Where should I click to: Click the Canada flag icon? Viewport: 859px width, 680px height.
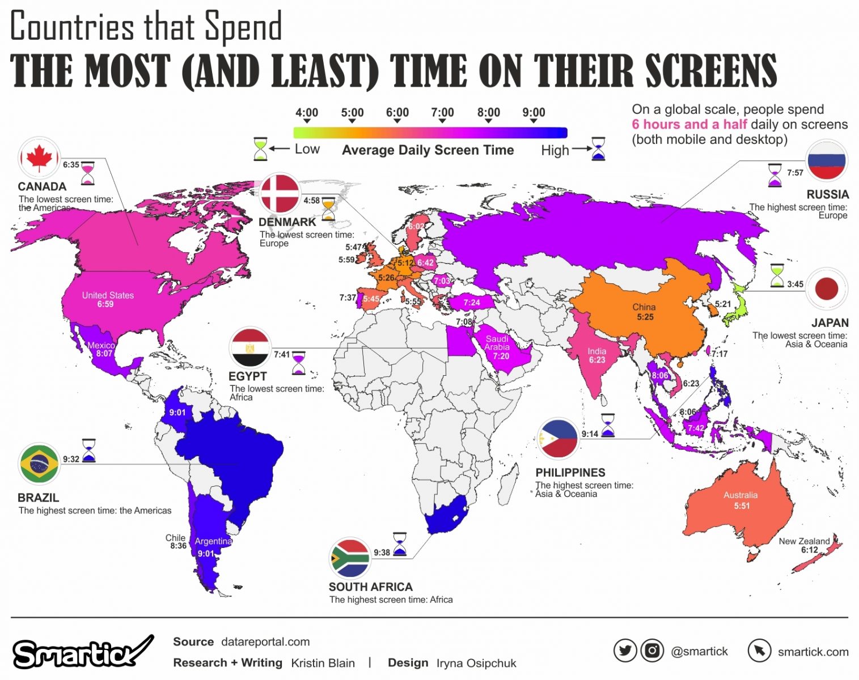click(x=39, y=158)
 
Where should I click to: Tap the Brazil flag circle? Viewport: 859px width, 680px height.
click(x=39, y=463)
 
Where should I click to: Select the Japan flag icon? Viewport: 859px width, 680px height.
click(x=826, y=289)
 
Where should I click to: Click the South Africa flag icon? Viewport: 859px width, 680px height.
click(x=350, y=558)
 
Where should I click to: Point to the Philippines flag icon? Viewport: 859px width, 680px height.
click(x=558, y=439)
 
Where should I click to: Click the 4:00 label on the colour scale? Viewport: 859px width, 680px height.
click(x=307, y=113)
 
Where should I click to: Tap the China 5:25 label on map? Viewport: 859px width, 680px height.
click(x=644, y=312)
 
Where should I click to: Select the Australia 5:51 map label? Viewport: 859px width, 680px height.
click(x=740, y=500)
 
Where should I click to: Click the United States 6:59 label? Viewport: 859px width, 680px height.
click(x=107, y=300)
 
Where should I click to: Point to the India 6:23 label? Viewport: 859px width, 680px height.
click(x=596, y=355)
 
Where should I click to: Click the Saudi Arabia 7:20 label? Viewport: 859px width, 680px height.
click(x=497, y=347)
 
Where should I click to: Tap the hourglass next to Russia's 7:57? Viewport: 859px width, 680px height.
click(x=775, y=175)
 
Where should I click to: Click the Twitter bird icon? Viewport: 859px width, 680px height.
click(x=625, y=651)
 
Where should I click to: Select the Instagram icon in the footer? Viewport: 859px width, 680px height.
click(x=652, y=651)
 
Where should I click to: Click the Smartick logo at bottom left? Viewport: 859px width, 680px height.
click(x=79, y=653)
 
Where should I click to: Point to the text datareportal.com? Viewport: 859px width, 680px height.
click(x=265, y=641)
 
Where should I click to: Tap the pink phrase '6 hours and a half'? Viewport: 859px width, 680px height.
click(x=689, y=125)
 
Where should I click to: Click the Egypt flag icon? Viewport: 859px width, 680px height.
click(x=249, y=347)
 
